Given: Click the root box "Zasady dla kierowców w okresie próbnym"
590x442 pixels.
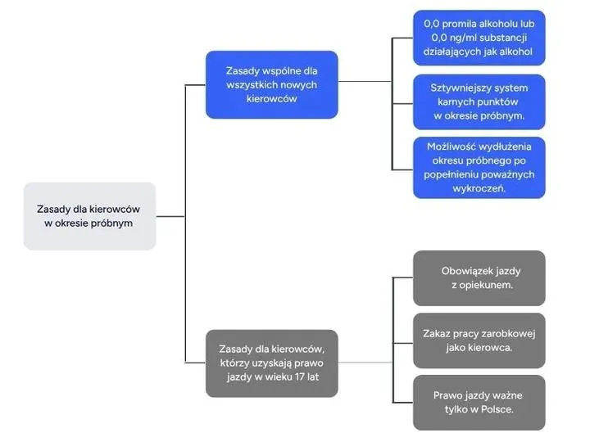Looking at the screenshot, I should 89,216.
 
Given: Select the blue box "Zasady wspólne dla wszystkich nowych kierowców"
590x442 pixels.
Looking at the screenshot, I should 271,84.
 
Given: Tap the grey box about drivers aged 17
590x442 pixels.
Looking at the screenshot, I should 271,363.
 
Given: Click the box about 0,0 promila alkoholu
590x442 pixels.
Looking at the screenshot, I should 479,38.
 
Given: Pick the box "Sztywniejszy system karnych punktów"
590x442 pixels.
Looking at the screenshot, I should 479,101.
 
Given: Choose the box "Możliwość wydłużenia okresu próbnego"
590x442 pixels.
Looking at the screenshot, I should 479,167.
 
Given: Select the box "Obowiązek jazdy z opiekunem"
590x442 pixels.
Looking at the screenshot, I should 479,278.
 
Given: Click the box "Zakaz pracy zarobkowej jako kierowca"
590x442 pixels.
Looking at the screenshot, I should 479,341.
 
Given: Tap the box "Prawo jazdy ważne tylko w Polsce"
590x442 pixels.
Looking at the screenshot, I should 479,402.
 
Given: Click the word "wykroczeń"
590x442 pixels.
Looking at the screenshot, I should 479,188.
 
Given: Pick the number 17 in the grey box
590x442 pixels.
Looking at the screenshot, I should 302,377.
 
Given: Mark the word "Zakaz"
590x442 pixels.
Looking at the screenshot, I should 439,334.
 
